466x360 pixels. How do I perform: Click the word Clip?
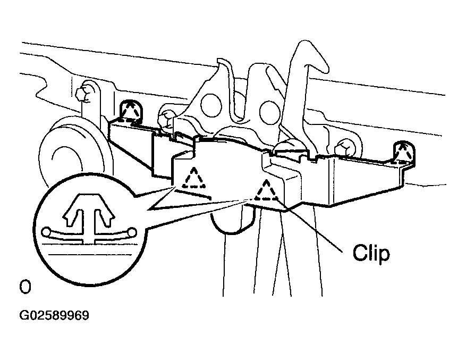pos(371,253)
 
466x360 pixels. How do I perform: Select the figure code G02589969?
pos(54,315)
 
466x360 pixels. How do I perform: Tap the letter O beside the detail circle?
pos(25,287)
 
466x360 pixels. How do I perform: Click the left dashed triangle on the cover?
pos(194,178)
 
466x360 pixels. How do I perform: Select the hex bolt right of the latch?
pos(344,148)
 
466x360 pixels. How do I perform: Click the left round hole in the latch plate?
pos(211,105)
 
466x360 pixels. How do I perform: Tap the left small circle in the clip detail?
pos(46,231)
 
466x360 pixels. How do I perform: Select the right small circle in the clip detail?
pos(132,231)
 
